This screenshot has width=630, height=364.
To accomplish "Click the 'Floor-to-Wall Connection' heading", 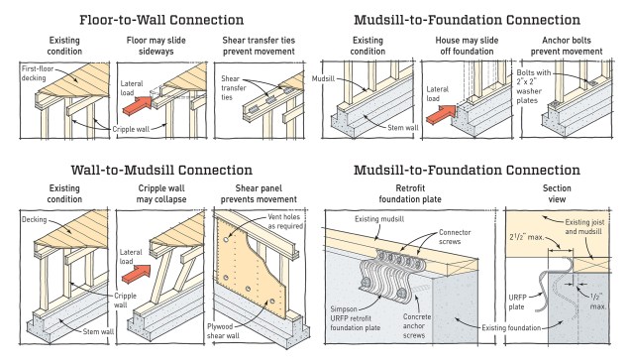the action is (161, 20).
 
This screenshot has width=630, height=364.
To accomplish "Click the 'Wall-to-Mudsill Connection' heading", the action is (161, 170).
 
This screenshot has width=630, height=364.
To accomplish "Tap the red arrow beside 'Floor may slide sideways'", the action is (137, 105).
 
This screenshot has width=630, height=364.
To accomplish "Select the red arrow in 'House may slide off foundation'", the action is (441, 113).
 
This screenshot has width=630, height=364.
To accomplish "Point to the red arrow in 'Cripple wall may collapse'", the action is (137, 274).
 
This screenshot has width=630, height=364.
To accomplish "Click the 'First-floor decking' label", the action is (38, 73).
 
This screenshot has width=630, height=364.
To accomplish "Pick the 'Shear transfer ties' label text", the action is (233, 87).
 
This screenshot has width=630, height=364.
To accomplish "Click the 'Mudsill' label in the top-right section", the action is (323, 78).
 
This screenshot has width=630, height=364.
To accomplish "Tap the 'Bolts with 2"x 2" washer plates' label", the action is (534, 86).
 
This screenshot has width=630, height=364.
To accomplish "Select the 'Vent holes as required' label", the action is (285, 221).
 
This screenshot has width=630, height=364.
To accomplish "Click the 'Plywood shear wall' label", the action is (223, 331).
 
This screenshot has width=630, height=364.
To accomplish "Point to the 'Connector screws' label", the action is (455, 237).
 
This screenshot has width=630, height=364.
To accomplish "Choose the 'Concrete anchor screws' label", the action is (417, 325).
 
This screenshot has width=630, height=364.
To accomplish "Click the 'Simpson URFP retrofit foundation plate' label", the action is (356, 318).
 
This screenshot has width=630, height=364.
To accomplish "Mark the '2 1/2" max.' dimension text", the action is (526, 237).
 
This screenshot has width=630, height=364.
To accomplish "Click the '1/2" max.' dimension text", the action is (598, 301).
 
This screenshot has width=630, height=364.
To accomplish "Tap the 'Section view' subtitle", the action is (557, 193).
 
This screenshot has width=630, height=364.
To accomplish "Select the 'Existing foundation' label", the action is (511, 328).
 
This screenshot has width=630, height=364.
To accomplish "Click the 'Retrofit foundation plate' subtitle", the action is (410, 193).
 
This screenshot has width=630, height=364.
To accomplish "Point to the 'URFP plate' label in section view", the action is (517, 303).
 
